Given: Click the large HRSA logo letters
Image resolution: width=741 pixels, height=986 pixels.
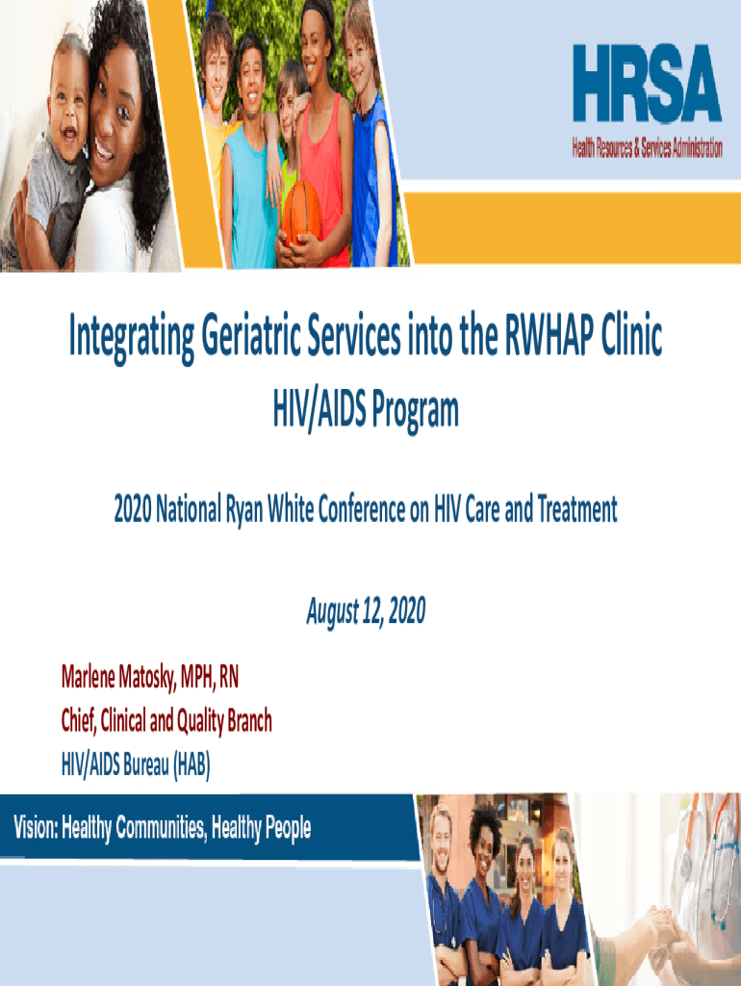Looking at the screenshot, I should click(647, 84).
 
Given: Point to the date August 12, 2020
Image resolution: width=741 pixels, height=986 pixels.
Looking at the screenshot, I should click(365, 610).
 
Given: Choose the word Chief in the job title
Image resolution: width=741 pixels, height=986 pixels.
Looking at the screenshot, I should click(83, 720).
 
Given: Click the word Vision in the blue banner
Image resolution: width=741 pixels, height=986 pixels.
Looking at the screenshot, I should click(35, 827).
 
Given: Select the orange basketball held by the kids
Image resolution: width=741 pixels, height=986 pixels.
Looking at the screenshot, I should click(301, 211).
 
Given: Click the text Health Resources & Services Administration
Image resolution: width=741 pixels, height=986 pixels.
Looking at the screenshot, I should click(647, 148).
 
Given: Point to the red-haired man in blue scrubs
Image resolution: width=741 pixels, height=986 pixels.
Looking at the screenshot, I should click(443, 886).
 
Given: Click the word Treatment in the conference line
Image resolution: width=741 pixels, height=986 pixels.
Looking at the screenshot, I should click(576, 510).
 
